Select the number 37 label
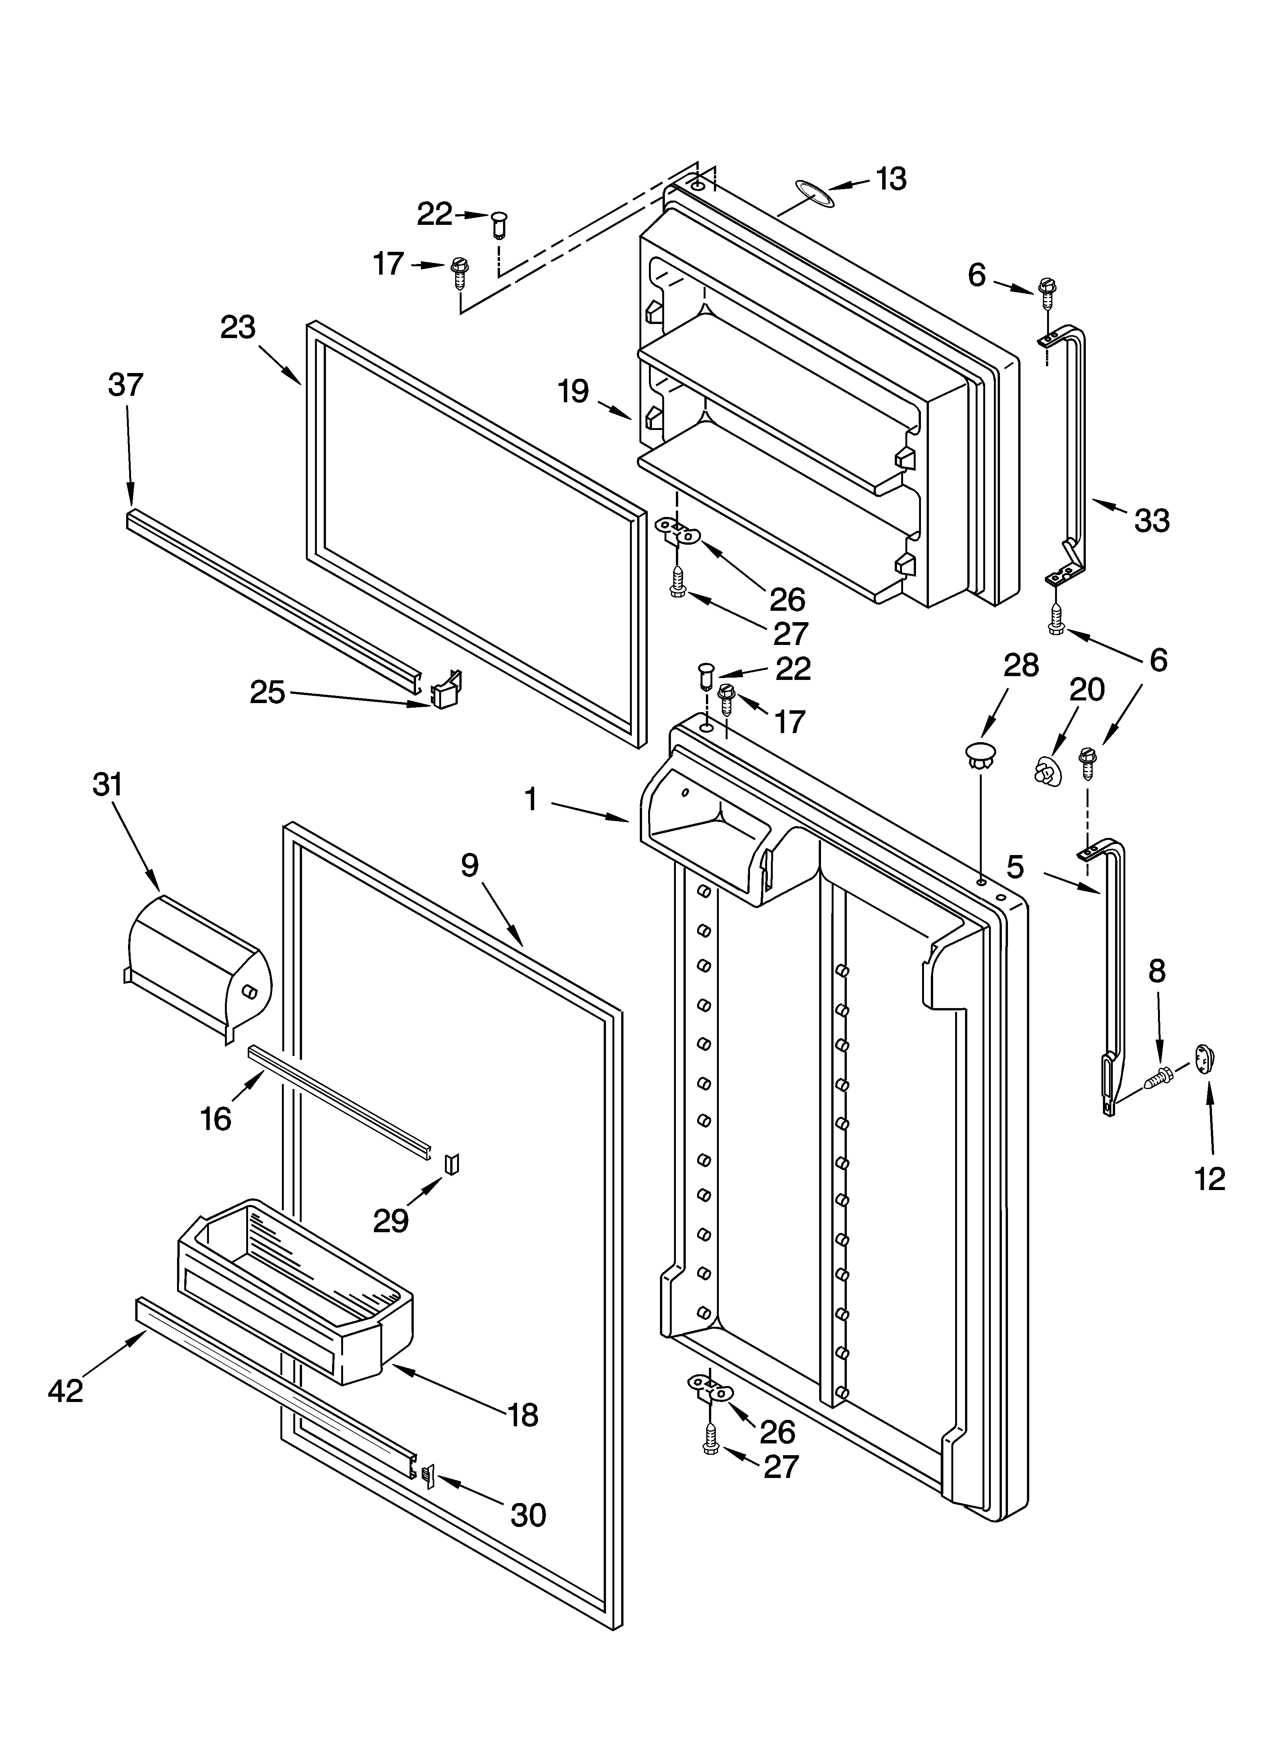pos(125,385)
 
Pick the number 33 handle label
pos(1151,521)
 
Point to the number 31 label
pos(108,784)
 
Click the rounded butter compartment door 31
pos(198,964)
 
